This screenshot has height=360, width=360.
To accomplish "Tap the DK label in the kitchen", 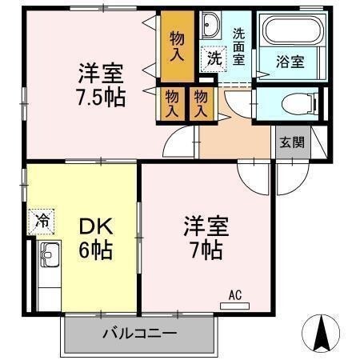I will coord(94,226).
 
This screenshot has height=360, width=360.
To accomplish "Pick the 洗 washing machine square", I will coord(214,58).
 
